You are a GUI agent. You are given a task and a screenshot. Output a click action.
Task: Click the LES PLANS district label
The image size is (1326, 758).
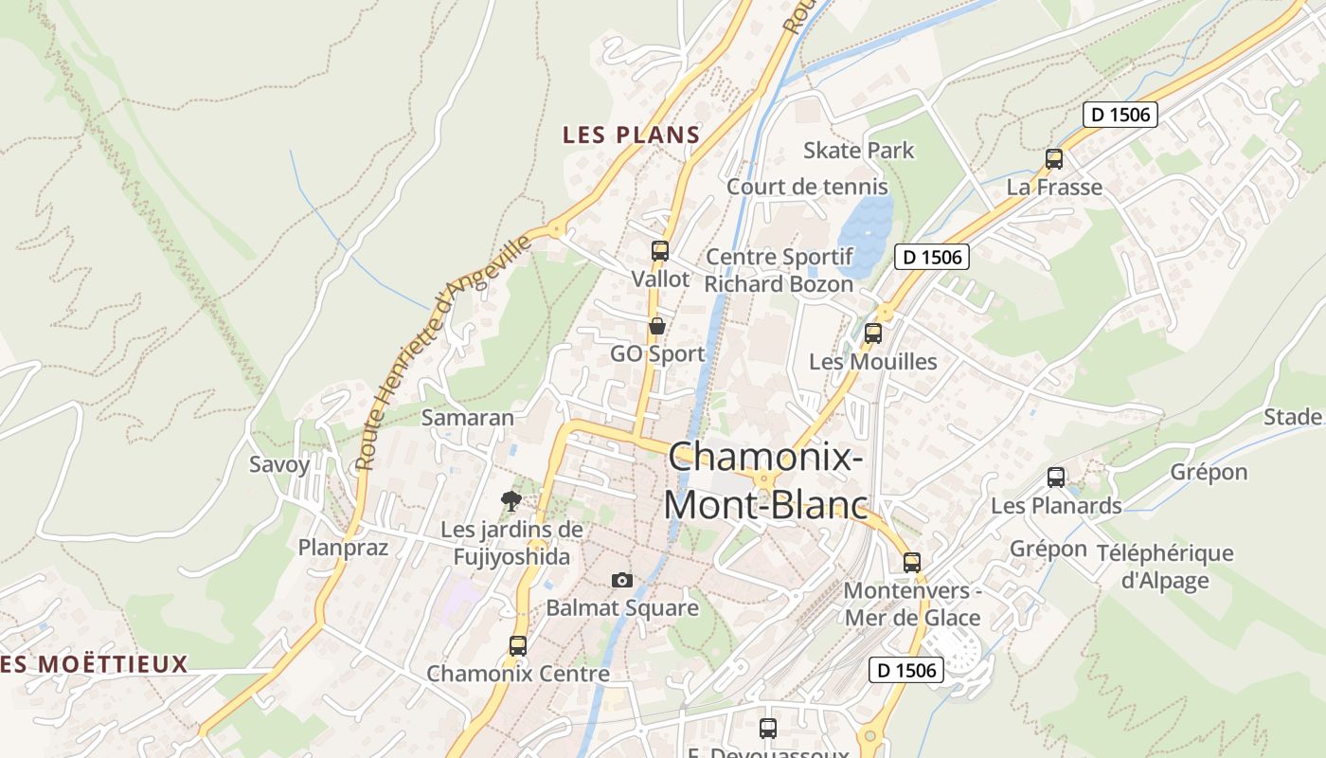631,135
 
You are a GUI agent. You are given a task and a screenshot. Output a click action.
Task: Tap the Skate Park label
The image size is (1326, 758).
858,150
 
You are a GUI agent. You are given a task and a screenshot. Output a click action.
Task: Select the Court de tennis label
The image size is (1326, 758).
807,187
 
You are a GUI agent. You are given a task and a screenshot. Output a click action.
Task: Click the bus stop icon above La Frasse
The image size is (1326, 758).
1053,159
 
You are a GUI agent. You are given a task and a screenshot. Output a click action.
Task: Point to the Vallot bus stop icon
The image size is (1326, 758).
659,251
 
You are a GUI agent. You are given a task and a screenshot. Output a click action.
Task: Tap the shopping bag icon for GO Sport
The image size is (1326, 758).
656,326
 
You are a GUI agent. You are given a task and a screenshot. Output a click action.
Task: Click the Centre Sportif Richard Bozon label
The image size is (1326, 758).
779,270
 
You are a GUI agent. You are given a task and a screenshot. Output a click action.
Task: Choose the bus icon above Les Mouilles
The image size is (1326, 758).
872,334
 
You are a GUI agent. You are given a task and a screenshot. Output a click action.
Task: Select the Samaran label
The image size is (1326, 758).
467,417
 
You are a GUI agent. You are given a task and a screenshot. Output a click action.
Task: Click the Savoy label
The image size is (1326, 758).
279,464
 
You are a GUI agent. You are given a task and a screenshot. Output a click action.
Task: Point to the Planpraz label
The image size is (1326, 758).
343,547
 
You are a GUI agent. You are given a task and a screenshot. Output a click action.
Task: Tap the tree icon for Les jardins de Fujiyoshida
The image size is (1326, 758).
511,501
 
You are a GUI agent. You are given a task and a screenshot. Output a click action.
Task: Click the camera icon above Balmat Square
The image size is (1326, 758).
621,580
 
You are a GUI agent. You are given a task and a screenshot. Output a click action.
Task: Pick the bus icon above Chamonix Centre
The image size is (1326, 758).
517,646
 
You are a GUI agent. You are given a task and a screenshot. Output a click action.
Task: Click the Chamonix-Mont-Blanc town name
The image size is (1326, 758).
765,480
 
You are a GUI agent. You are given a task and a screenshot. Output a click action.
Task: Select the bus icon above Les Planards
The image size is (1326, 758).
1055,478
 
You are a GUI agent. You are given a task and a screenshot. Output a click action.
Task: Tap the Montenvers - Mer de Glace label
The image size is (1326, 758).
911,605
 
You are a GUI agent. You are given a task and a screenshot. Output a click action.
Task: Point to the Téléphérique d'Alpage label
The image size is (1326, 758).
1165,567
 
